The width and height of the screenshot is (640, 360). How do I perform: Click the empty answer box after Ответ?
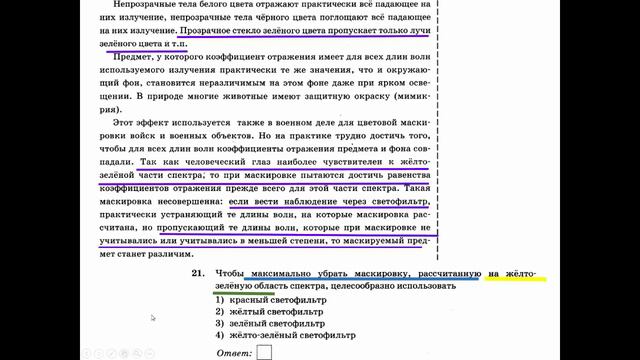coord(265,351)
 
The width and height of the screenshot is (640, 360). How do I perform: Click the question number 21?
coord(196,272)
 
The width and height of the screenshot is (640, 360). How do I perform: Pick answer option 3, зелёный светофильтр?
coord(267,324)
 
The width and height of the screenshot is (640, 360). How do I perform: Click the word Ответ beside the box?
coord(233,351)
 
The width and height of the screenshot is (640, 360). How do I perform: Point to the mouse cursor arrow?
coord(153,318)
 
